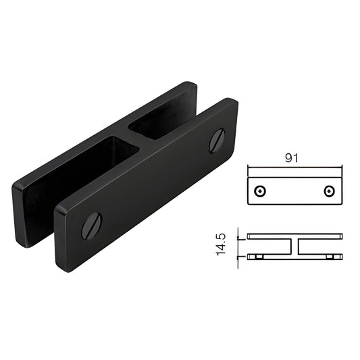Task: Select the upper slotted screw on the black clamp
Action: [217, 140]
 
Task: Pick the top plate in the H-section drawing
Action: [295, 236]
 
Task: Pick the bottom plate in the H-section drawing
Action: [295, 256]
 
